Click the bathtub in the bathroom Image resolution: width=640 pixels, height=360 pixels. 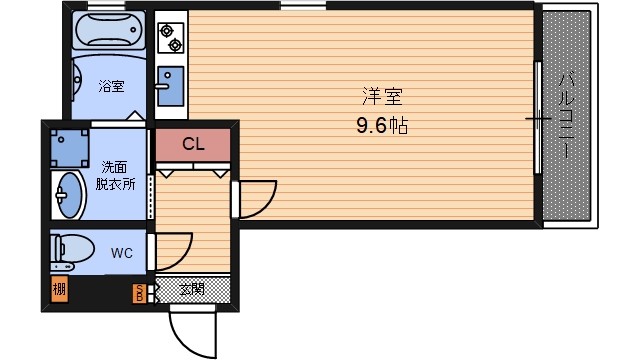pos(109,30)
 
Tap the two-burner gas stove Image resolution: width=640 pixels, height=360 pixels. pos(171,38)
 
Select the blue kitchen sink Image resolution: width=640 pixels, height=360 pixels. pos(171,86)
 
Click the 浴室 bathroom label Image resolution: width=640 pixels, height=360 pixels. pos(111,86)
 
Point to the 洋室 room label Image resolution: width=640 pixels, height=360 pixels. pos(382,97)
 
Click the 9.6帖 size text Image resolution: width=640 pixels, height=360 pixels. pos(382,125)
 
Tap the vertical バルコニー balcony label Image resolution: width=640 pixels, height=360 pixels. pos(566,115)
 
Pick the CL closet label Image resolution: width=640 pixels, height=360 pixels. pos(193,144)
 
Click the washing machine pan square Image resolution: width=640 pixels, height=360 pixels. pos(69,148)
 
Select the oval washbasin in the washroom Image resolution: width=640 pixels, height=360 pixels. pos(68,195)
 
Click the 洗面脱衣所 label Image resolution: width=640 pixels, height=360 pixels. pos(115,176)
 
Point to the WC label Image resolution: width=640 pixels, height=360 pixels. pos(122,253)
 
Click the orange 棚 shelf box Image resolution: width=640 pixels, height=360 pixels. pos(59,289)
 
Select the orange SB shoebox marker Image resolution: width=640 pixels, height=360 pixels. pos(139,293)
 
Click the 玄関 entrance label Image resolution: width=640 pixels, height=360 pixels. pos(192,289)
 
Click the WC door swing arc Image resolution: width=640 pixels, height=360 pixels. pos(183,258)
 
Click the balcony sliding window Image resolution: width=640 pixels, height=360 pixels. pos(538,118)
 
